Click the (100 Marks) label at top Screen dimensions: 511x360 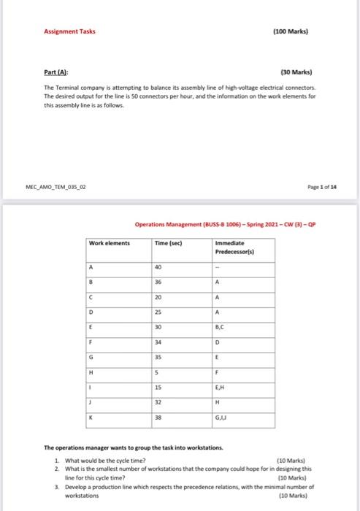tap(289, 32)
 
